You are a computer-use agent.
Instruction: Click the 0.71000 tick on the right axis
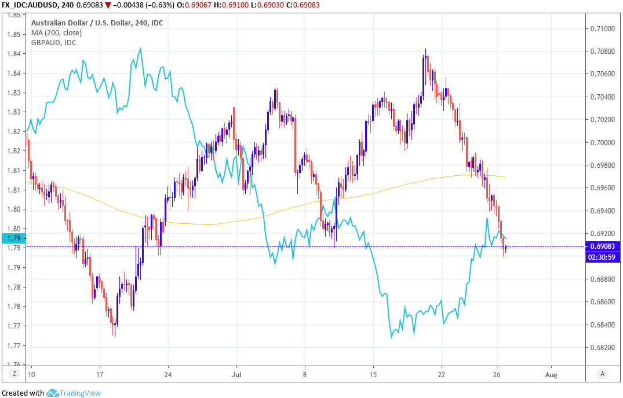(603, 28)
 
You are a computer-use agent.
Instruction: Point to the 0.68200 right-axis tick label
(603, 348)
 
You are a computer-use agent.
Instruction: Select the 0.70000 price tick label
(603, 142)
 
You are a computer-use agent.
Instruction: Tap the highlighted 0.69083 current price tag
(603, 246)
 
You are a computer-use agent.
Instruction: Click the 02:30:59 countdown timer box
(603, 257)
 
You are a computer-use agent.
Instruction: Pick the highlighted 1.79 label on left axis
(13, 238)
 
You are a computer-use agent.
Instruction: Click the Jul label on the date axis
(236, 374)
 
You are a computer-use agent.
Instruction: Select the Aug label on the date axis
(551, 374)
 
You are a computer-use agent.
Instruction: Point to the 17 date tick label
(100, 374)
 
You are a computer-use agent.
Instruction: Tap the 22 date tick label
(442, 374)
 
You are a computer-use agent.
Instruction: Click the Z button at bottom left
(14, 374)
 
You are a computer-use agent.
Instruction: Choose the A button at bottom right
(603, 374)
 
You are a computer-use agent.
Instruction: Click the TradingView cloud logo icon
(53, 393)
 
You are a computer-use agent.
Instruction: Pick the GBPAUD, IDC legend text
(53, 42)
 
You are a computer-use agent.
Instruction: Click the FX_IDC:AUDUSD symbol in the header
(29, 6)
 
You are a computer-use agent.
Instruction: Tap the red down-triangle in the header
(108, 6)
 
